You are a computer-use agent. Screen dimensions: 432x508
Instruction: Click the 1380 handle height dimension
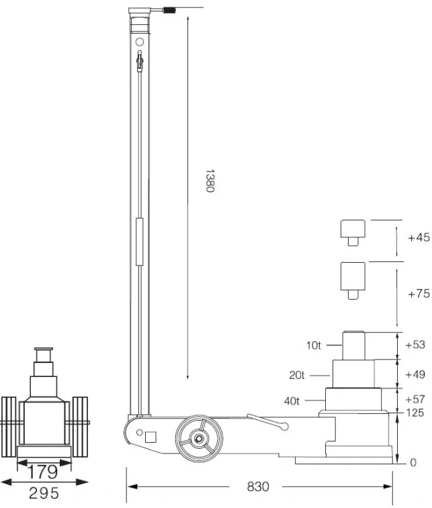pyautogui.click(x=210, y=181)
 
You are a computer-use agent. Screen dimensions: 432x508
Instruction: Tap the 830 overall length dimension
pyautogui.click(x=258, y=486)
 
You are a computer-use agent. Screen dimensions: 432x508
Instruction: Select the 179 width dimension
pyautogui.click(x=43, y=472)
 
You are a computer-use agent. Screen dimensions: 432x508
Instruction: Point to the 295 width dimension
pyautogui.click(x=44, y=493)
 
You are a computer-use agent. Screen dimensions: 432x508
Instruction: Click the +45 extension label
pyautogui.click(x=419, y=237)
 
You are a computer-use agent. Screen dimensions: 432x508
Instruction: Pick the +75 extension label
pyautogui.click(x=419, y=294)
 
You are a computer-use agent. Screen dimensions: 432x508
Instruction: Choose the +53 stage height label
pyautogui.click(x=415, y=345)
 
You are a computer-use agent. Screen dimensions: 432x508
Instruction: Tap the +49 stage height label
pyautogui.click(x=415, y=374)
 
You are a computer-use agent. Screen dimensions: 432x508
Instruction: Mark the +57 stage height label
pyautogui.click(x=415, y=399)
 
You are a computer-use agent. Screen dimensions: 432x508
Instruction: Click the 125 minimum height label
pyautogui.click(x=415, y=413)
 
